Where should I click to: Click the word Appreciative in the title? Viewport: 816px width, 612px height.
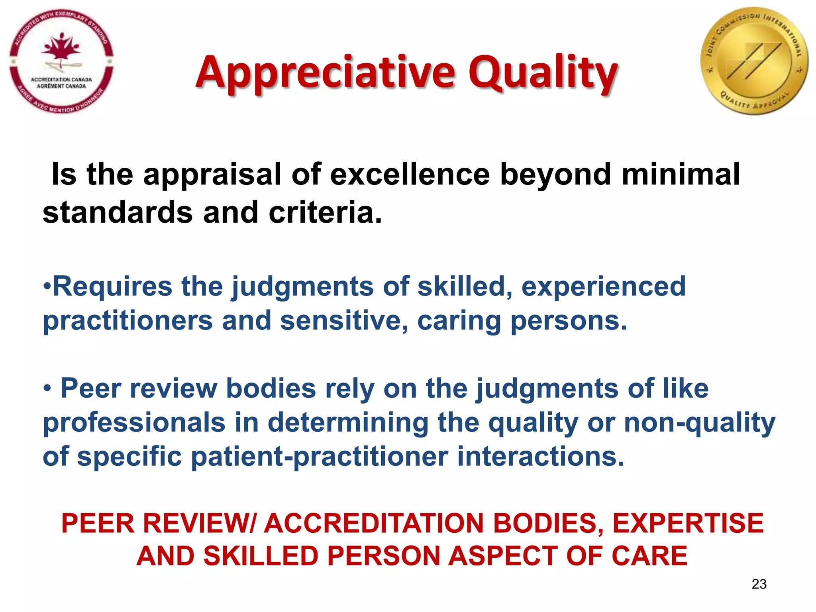point(325,73)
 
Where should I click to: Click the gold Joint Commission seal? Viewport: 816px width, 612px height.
point(754,61)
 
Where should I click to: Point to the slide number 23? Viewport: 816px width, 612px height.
point(759,584)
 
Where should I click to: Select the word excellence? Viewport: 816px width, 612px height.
point(410,174)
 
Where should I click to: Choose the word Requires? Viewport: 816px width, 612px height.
point(112,286)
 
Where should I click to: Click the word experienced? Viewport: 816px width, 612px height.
point(604,286)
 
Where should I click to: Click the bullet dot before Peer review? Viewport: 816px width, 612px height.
point(47,388)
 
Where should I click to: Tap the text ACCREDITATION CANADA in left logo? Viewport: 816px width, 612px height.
point(61,80)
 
